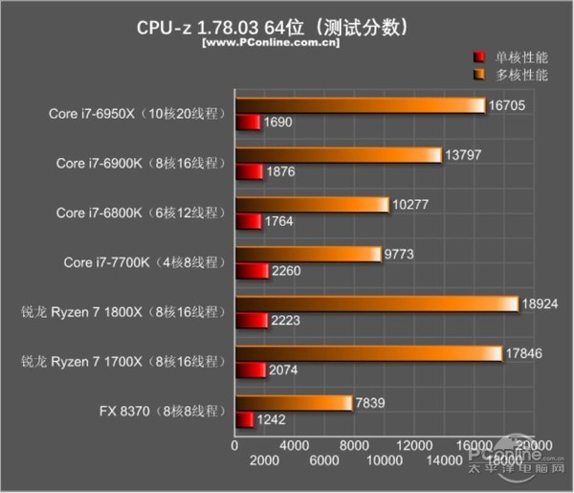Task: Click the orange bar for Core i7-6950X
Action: click(x=360, y=105)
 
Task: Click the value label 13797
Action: click(x=463, y=154)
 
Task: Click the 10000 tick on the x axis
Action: click(x=383, y=461)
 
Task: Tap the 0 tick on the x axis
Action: click(x=234, y=446)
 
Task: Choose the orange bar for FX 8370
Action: click(x=293, y=403)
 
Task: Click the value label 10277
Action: click(x=412, y=204)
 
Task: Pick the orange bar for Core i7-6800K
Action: click(x=311, y=205)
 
